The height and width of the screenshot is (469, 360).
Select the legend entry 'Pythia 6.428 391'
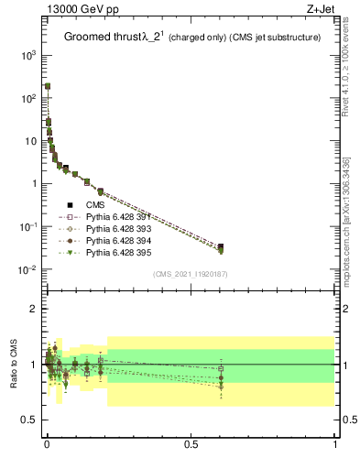pyautogui.click(x=104, y=217)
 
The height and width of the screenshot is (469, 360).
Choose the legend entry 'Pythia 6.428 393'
pyautogui.click(x=104, y=229)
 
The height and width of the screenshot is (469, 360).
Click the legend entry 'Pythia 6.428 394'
pyautogui.click(x=104, y=240)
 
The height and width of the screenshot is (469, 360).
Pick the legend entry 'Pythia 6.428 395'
pyautogui.click(x=104, y=252)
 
